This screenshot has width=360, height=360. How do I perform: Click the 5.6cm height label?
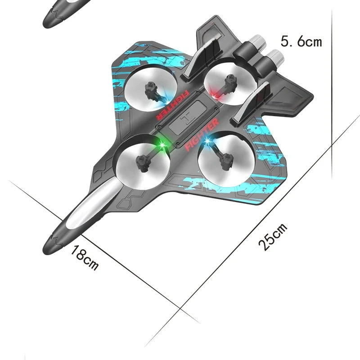[x=301, y=42]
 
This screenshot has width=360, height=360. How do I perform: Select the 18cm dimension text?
[x=84, y=259]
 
